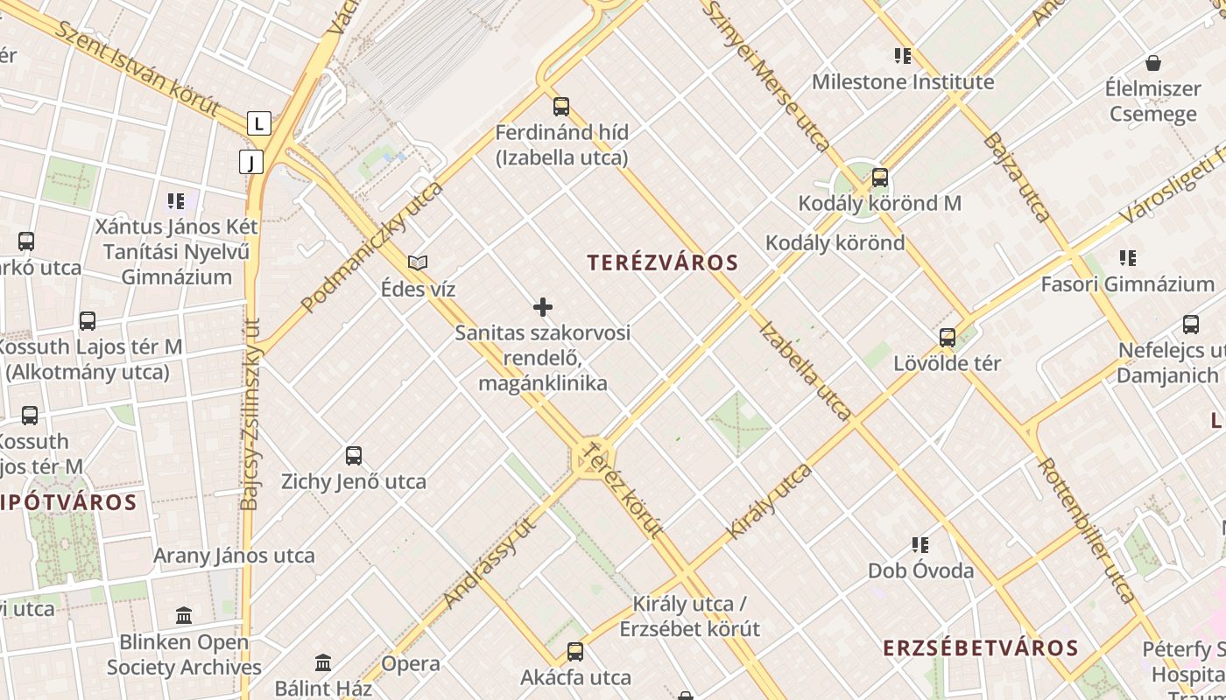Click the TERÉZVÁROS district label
[x=663, y=262]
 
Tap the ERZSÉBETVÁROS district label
[x=980, y=648]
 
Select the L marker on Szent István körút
[x=258, y=123]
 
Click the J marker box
[x=251, y=162]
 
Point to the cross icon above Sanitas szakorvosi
[x=543, y=307]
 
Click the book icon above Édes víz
[x=419, y=262]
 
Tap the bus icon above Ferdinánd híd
[x=561, y=107]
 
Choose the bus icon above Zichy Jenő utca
[x=354, y=455]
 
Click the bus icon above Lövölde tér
[x=947, y=337]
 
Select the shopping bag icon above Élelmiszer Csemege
[x=1153, y=63]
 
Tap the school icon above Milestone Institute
[x=903, y=56]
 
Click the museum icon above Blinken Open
[x=184, y=615]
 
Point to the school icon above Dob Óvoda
[x=920, y=545]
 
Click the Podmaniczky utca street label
[x=371, y=248]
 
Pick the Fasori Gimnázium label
[x=1127, y=284]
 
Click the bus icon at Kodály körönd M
[x=880, y=177]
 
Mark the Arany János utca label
[x=234, y=556]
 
